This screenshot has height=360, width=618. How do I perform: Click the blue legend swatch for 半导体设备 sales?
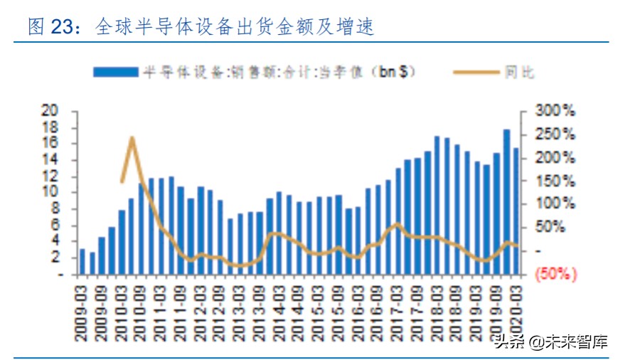pos(114,72)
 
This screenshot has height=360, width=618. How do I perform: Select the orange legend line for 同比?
pos(475,72)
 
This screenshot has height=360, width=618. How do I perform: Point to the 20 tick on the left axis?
pos(49,110)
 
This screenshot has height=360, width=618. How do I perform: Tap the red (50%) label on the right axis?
pos(555,274)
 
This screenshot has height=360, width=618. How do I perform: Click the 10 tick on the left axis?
pos(49,192)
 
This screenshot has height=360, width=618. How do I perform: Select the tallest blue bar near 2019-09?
pos(506,201)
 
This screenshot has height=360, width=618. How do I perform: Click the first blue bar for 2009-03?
pos(82,261)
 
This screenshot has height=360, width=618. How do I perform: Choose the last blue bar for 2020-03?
pos(516,211)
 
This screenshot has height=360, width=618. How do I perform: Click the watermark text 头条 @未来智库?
pos(551,342)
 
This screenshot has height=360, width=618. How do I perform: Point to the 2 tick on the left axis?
pos(53,258)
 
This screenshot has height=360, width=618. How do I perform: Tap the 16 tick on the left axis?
pos(49,143)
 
